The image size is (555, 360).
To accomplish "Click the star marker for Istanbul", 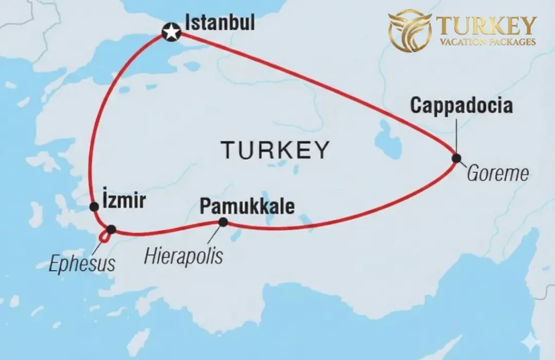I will pos(171,33).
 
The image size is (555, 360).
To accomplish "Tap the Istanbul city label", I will pos(220,23).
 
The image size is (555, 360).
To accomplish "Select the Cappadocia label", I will pos(461,105).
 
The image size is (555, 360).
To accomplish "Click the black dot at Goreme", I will pos(456,158).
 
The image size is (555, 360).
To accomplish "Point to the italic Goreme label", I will pos(497,173).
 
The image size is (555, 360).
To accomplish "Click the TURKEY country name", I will pos(275,150).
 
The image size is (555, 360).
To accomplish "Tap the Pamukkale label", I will pos(247,207).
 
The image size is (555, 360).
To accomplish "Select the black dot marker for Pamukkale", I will pos(223,222).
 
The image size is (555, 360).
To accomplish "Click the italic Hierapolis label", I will pos(183,256).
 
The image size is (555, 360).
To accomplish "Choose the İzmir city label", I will pos(124,201).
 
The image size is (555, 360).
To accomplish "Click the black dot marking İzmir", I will pos(95,206).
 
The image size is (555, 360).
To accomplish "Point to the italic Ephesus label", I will pos(82,264).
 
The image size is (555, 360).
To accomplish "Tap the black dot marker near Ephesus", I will pos(111,229).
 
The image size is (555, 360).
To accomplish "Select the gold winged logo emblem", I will pos(410,30).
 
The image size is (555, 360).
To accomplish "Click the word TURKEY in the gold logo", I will pos(486,25).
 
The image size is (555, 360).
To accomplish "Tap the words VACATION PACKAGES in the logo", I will pos(486,42).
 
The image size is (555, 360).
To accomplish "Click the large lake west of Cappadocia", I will pos(388,140).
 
